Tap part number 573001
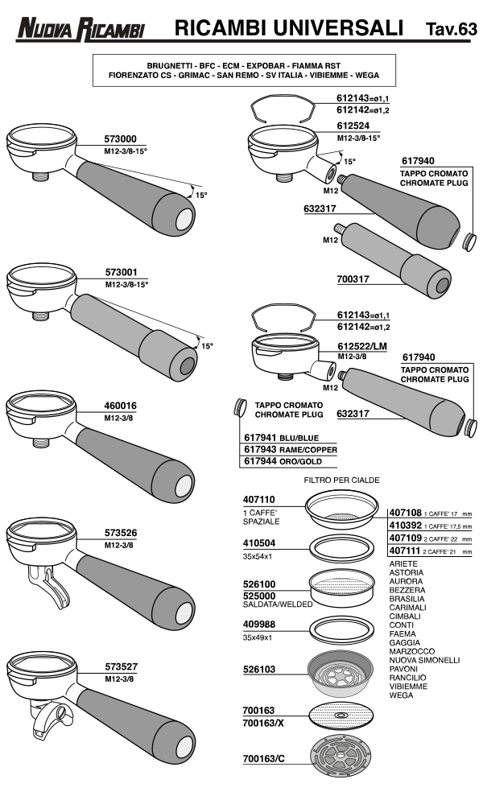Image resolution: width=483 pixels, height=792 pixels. [x=121, y=272]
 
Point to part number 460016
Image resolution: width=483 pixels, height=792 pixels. [x=121, y=406]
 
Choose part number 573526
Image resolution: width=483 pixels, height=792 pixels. [x=121, y=533]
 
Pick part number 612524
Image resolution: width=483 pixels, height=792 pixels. [x=353, y=126]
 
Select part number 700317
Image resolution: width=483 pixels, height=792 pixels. [x=353, y=280]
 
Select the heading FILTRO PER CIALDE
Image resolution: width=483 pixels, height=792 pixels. [x=341, y=480]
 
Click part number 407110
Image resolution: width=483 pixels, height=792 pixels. [x=258, y=499]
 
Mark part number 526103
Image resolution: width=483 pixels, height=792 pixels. [x=258, y=670]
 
